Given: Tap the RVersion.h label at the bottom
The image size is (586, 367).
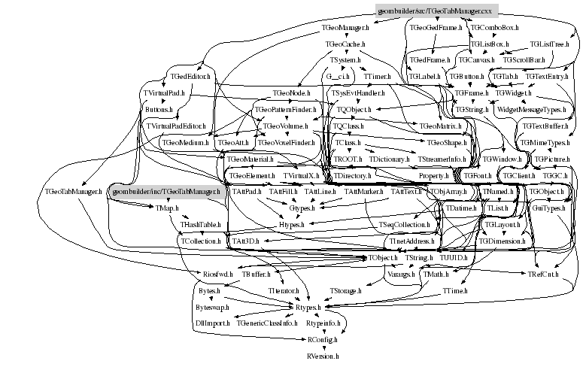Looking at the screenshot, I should tap(323, 353).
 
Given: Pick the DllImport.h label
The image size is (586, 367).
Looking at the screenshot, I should tap(211, 322).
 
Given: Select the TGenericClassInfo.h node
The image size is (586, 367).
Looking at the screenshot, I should tap(268, 322).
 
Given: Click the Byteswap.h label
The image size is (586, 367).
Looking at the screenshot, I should tap(213, 308).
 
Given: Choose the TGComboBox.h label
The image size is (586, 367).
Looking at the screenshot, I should tap(491, 28).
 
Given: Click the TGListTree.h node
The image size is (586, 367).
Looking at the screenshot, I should tap(548, 44).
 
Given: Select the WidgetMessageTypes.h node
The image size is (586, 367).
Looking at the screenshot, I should tap(531, 109).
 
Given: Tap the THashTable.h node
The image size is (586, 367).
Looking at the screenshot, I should tap(200, 224).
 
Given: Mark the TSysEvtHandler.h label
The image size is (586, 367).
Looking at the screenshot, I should tap(357, 93).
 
